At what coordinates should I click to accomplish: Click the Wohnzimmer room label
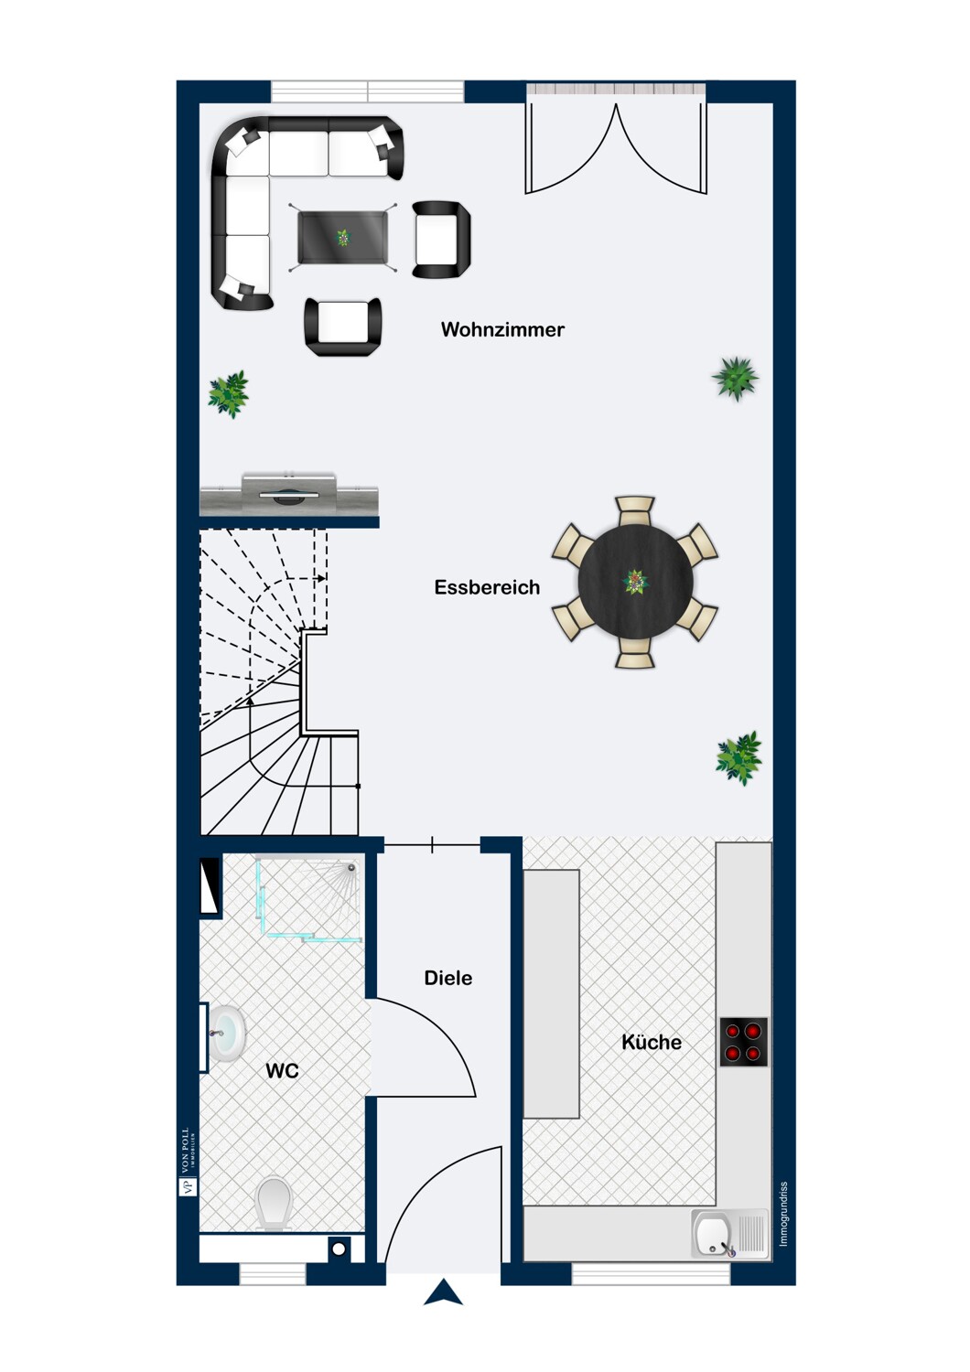pos(502,329)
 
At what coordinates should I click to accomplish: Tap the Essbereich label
pos(487,587)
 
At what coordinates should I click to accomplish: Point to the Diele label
pos(447,978)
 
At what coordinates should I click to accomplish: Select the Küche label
pos(652,1042)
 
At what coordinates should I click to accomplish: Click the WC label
pos(282,1071)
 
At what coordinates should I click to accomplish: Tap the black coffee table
pos(343,237)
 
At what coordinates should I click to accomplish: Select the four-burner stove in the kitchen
pos(743,1042)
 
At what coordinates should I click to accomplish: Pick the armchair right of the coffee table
pos(441,240)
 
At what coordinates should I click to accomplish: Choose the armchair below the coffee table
pos(343,327)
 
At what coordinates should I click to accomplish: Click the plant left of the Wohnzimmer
pos(229,394)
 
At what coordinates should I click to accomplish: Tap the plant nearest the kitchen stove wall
pos(739,757)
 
